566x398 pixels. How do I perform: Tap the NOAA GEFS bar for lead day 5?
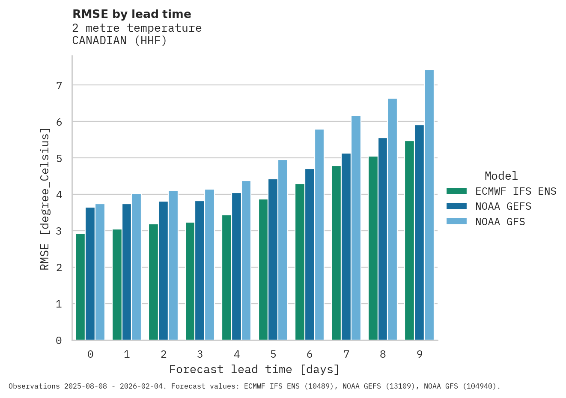pos(273,259)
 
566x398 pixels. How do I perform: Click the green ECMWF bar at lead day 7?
pos(336,253)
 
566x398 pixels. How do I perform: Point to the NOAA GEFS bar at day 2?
pos(163,271)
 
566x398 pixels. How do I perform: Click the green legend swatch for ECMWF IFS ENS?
pos(456,191)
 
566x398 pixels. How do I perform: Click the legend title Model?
pos(501,176)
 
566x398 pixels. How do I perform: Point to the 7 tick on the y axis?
pos(59,86)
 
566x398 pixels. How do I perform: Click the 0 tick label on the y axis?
pos(59,341)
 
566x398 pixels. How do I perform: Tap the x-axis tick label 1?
pos(127,354)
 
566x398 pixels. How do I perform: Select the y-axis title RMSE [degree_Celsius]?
pos(45,199)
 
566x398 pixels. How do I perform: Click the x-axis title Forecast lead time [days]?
pos(254,370)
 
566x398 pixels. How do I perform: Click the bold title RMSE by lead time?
pos(131,14)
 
